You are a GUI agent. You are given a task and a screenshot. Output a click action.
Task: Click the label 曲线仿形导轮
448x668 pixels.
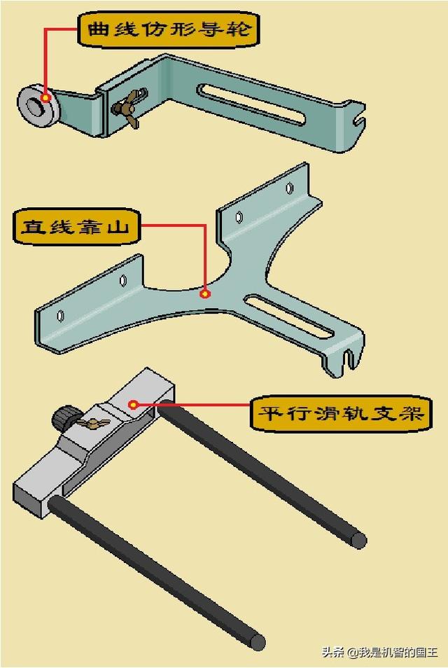[169, 30]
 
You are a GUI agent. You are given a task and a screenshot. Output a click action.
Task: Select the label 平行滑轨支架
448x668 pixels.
[341, 413]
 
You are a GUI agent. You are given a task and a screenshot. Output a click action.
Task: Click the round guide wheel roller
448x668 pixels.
[38, 104]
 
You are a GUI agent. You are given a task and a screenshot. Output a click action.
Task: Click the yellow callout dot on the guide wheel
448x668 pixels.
[46, 97]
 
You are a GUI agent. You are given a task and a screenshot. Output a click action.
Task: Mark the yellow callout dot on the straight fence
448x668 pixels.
[205, 294]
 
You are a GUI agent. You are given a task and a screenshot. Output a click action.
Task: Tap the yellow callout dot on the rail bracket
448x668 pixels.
[133, 404]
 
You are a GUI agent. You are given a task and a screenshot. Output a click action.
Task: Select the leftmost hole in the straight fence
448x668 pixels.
[60, 316]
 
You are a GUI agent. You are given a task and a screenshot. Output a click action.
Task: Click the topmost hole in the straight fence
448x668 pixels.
[290, 188]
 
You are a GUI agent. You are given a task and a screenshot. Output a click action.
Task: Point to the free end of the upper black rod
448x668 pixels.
[358, 541]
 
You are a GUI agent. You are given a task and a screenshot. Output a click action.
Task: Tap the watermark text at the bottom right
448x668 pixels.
[380, 652]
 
